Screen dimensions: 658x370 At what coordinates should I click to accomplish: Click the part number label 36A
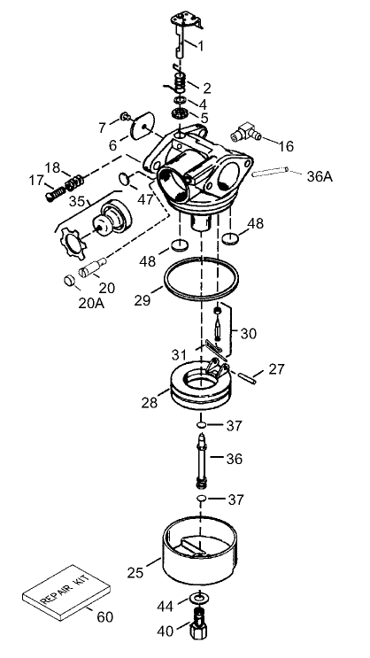coord(320,175)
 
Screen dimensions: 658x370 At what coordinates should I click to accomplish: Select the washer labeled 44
coord(197,600)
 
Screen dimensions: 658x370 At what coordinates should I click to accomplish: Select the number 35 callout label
coord(77,202)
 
